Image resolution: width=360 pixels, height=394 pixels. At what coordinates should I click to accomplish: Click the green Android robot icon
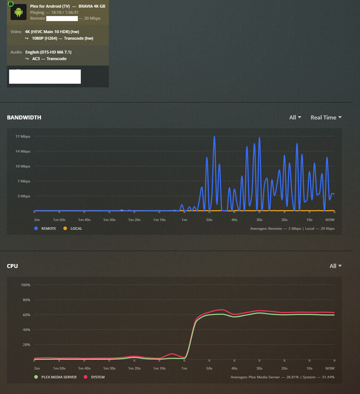tap(19, 12)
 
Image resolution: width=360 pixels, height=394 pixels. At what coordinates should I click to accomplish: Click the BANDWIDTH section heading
tap(24, 117)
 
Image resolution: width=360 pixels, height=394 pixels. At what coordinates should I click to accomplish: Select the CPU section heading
tap(12, 266)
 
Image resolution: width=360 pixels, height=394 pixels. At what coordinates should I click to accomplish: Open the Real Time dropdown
tap(326, 117)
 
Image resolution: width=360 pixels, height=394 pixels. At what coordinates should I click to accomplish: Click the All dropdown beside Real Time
tap(295, 117)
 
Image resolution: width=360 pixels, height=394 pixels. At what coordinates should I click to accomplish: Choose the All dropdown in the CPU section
tap(336, 266)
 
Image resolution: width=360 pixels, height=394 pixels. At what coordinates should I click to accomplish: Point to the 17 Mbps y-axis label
tap(23, 137)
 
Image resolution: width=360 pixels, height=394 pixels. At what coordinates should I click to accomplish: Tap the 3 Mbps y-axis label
tap(24, 196)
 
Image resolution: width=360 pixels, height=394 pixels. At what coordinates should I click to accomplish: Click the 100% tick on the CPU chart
tap(25, 285)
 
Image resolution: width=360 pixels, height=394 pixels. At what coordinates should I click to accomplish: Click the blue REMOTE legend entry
tap(46, 228)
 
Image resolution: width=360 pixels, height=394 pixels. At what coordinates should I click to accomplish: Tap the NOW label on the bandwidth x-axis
tap(330, 219)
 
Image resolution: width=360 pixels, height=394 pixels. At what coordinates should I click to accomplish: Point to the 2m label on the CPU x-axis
tap(37, 368)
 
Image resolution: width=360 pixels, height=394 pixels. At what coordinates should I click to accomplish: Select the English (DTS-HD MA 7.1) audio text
tap(48, 52)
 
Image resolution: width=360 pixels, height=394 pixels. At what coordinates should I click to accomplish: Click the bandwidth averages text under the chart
tap(292, 228)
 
